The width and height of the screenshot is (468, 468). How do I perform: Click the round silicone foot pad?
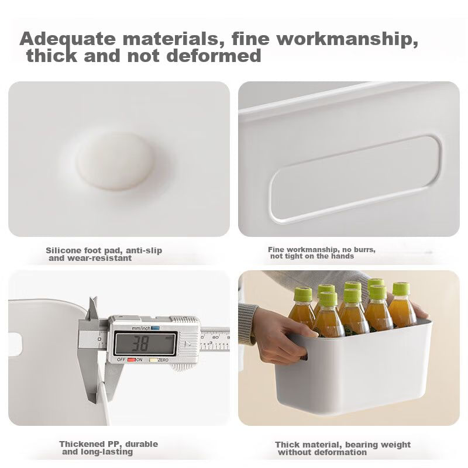[116, 161]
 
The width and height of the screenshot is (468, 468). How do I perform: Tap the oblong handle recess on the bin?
[355, 179]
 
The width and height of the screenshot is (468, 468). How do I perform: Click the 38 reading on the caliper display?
[140, 343]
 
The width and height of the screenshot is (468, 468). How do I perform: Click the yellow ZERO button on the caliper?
[153, 360]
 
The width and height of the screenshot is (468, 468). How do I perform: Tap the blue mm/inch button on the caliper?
[156, 328]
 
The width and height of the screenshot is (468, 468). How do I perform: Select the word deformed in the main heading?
[214, 56]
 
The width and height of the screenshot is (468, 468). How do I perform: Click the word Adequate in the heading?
[67, 39]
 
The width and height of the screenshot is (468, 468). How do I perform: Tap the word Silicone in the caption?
[63, 250]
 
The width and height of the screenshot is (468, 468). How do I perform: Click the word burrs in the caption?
[364, 249]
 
